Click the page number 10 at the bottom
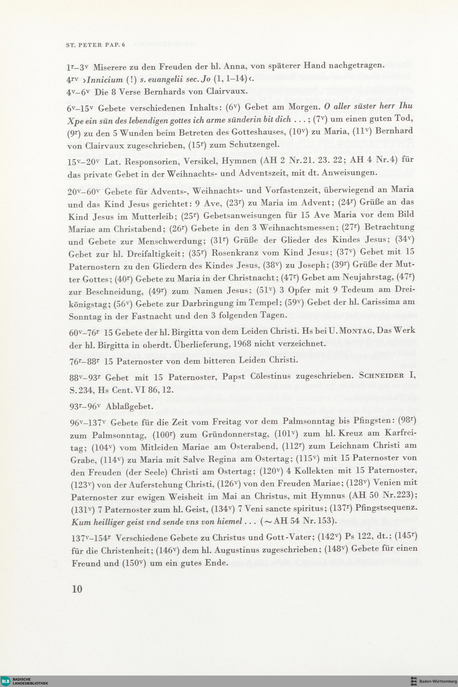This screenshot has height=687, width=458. coord(77,581)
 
